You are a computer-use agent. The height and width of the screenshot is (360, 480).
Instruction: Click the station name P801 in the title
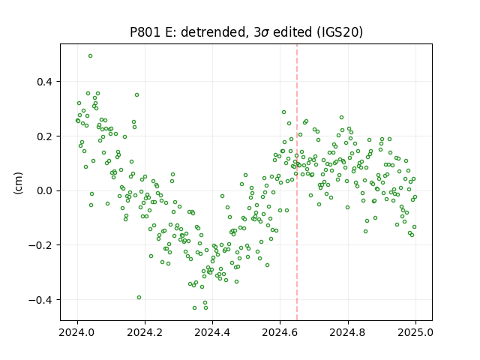pyautogui.click(x=145, y=32)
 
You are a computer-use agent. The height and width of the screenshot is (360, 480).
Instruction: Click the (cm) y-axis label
pyautogui.click(x=18, y=182)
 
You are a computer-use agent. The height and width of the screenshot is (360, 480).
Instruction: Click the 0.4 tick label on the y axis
pyautogui.click(x=46, y=82)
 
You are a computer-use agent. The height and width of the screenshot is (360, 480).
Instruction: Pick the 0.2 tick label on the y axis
pyautogui.click(x=46, y=136)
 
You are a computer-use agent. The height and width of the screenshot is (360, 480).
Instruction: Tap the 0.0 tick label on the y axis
pyautogui.click(x=46, y=190)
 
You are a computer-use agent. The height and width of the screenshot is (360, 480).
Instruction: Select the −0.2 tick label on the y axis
pyautogui.click(x=42, y=245)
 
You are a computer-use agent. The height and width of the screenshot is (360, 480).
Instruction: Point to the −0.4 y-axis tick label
pyautogui.click(x=42, y=300)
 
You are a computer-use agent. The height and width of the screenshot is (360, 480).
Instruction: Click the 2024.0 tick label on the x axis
pyautogui.click(x=77, y=332)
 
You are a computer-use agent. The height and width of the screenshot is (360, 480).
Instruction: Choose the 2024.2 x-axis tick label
pyautogui.click(x=145, y=332)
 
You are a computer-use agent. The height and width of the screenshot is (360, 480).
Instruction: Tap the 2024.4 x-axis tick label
pyautogui.click(x=212, y=332)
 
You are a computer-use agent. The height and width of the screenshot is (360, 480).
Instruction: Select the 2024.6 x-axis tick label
pyautogui.click(x=280, y=332)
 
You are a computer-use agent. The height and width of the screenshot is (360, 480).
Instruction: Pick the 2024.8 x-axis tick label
pyautogui.click(x=348, y=332)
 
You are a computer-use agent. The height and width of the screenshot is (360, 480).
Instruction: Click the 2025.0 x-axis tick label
pyautogui.click(x=415, y=332)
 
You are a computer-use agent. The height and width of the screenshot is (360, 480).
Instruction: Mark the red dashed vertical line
pyautogui.click(x=297, y=182)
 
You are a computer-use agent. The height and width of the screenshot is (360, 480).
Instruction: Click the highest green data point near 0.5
pyautogui.click(x=90, y=56)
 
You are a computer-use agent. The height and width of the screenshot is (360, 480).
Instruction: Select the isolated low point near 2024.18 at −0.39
pyautogui.click(x=139, y=298)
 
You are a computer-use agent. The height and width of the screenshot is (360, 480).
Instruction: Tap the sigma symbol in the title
pyautogui.click(x=265, y=33)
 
